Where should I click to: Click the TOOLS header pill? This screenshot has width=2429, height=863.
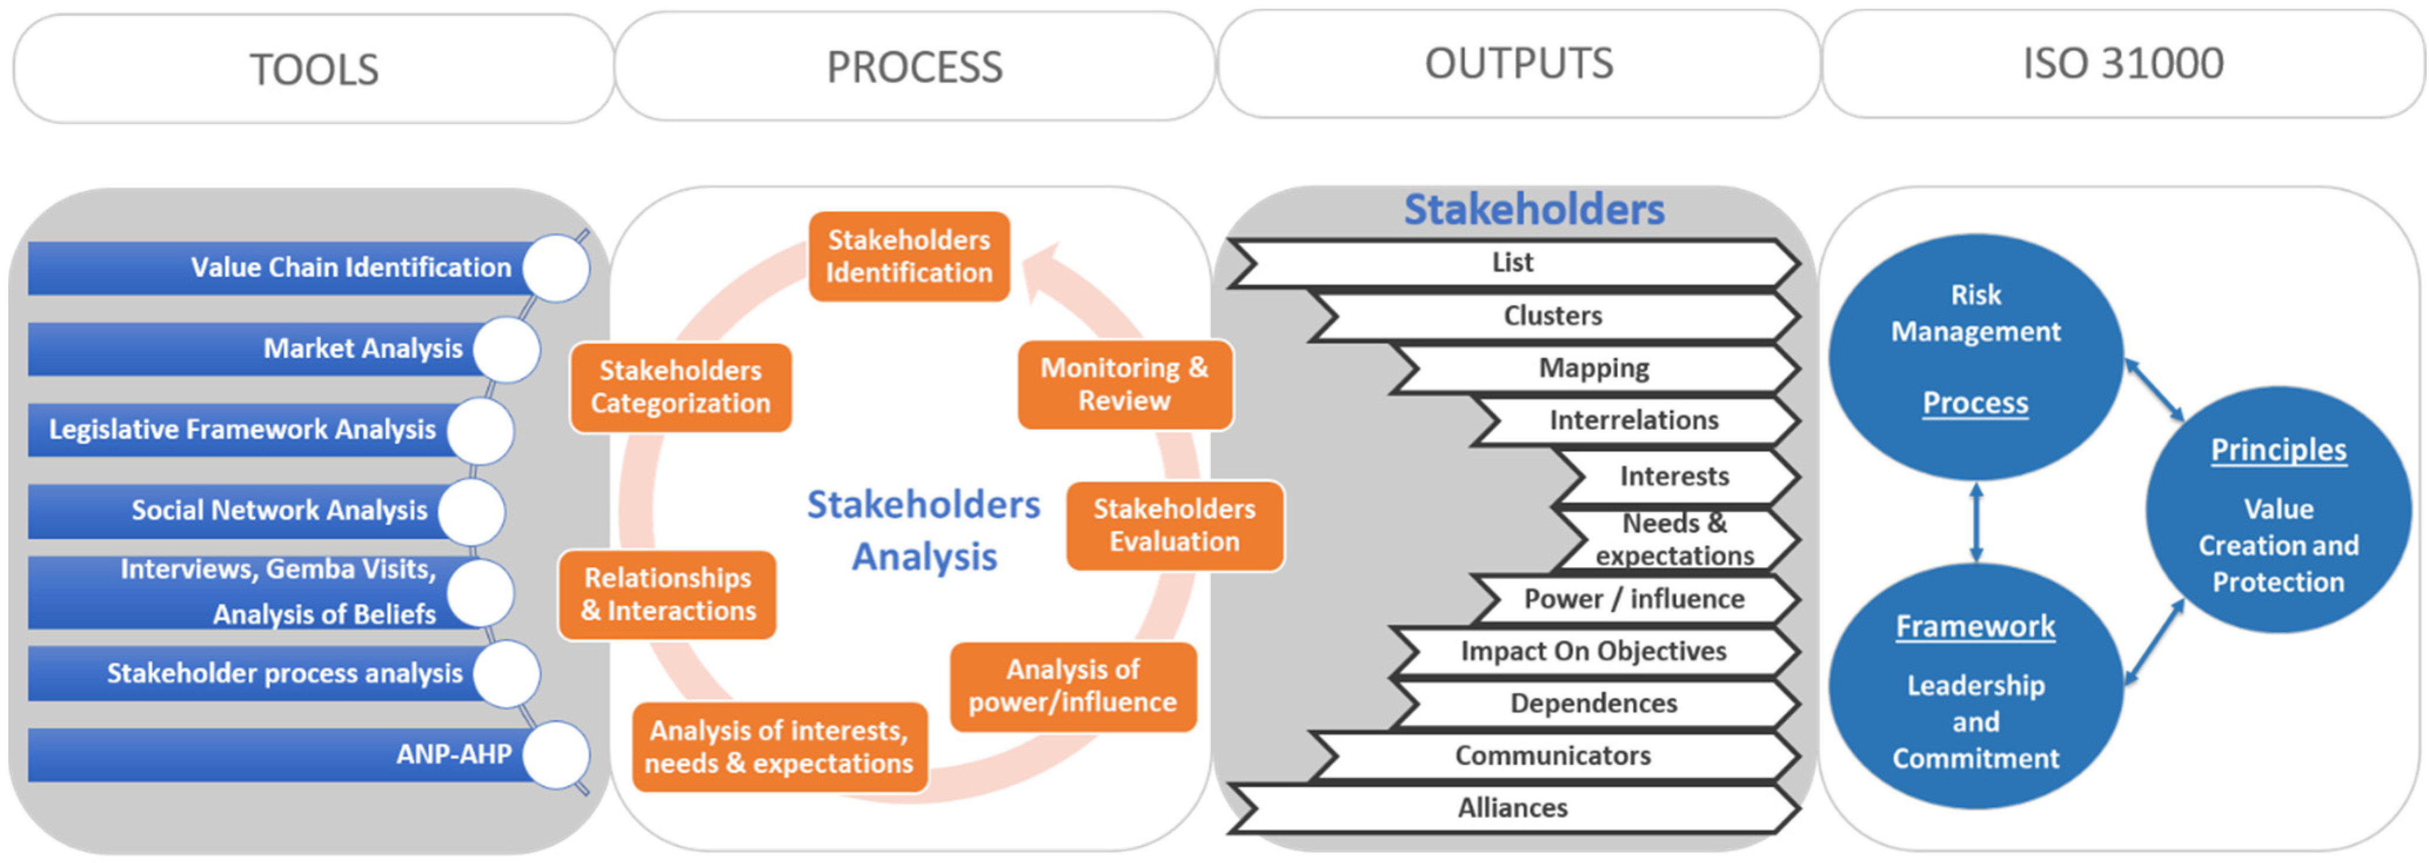point(313,68)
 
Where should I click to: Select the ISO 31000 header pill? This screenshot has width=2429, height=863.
point(2123,64)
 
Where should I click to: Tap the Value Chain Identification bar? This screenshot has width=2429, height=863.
point(283,268)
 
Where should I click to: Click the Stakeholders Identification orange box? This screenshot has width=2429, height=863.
point(909,256)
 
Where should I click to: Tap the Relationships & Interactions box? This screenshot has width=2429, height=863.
point(668,595)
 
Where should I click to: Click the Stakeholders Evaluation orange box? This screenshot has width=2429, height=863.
point(1174,526)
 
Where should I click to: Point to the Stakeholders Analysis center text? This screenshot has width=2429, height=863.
point(923,531)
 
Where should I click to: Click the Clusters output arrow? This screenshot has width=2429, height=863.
point(1552,316)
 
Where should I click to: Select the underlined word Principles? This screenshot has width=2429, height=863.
point(2278,450)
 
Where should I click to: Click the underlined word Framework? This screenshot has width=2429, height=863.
point(1975,626)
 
